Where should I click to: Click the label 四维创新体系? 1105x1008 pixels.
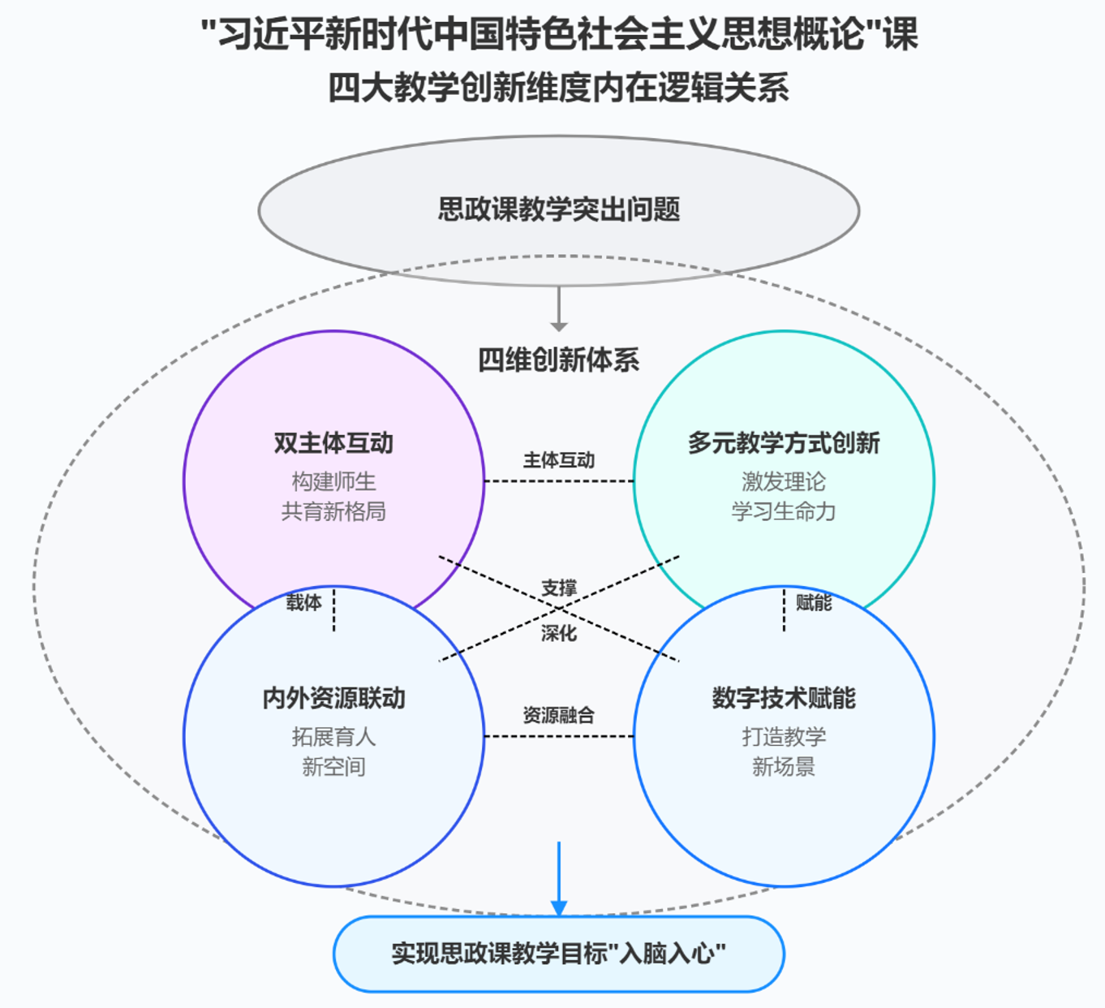click(558, 360)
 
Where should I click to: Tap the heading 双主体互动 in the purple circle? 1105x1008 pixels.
click(333, 443)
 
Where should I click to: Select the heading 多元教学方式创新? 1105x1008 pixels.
click(784, 443)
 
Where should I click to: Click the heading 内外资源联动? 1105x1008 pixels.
click(333, 698)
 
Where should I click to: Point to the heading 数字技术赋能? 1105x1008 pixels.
click(784, 698)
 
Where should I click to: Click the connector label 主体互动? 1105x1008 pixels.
click(558, 460)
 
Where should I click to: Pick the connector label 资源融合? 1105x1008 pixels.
click(558, 715)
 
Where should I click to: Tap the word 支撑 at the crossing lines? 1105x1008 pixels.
click(559, 588)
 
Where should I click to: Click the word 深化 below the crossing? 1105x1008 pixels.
click(559, 633)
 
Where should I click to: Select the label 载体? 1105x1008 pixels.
click(303, 602)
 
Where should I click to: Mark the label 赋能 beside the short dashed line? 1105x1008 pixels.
click(814, 602)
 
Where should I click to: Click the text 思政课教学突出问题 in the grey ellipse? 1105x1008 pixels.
click(558, 209)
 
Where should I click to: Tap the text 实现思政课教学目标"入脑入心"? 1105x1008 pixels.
click(558, 953)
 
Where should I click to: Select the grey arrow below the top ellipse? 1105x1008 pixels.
click(559, 308)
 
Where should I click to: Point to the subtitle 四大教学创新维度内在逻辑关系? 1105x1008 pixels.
click(558, 88)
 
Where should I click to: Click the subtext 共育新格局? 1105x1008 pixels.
click(333, 511)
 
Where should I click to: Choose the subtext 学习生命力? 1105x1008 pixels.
click(784, 511)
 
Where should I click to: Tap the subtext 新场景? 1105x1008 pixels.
click(784, 766)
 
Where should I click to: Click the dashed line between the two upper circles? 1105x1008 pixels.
click(558, 481)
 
